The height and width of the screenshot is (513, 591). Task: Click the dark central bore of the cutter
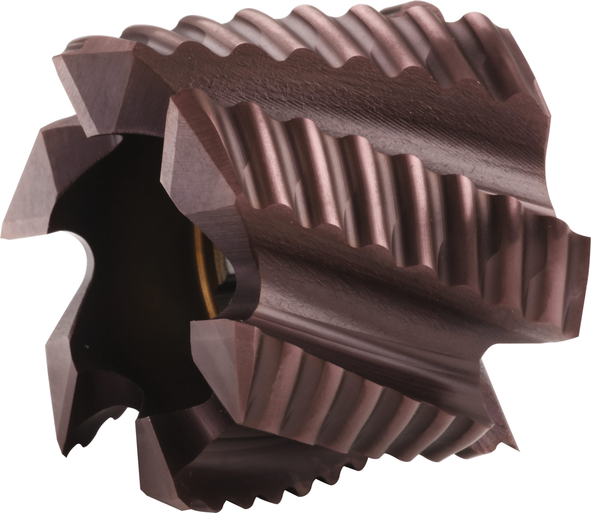[x=129, y=277]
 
